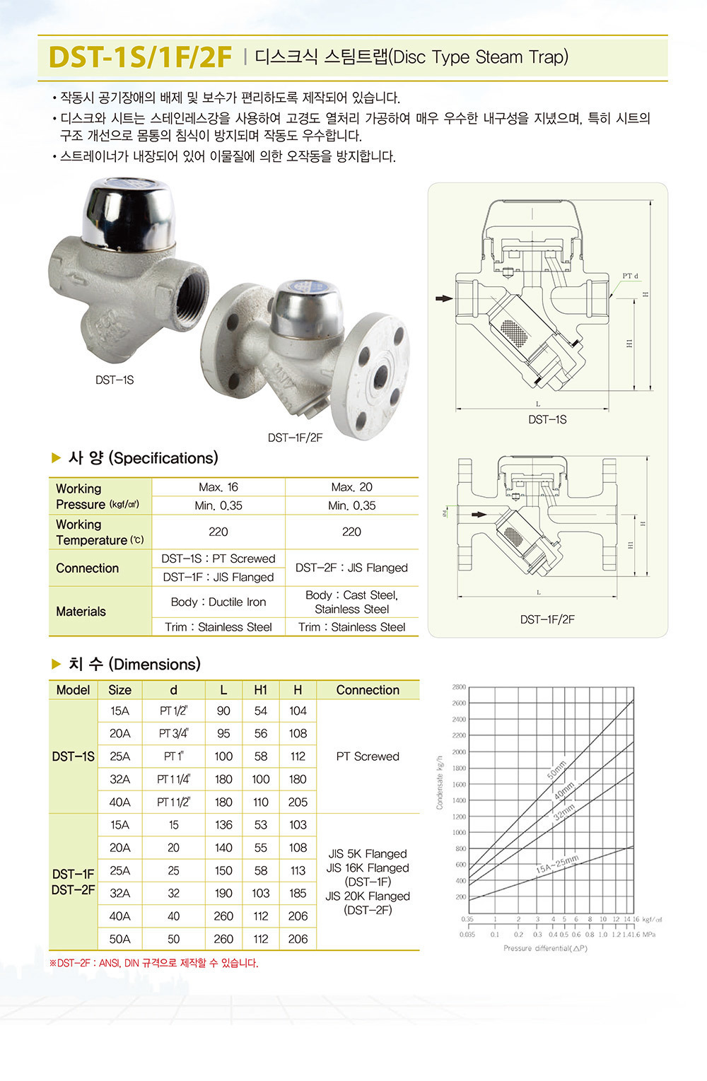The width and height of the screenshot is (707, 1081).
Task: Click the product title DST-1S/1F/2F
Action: click(140, 57)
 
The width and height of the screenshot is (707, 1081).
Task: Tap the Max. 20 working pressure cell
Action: click(351, 487)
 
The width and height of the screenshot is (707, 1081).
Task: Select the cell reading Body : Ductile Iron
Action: click(218, 602)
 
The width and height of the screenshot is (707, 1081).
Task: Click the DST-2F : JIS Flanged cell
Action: click(351, 568)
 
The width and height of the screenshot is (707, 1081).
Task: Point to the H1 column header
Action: click(261, 690)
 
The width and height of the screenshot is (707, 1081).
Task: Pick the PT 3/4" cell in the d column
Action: click(173, 734)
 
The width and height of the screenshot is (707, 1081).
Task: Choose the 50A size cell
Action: click(119, 939)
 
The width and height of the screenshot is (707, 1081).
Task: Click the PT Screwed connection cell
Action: click(368, 756)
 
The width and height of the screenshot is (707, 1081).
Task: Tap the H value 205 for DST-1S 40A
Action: click(298, 802)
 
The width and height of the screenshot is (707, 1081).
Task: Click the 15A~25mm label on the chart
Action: click(557, 864)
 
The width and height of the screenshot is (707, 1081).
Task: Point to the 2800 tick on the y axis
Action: click(459, 687)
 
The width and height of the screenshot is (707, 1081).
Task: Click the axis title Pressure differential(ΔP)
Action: click(545, 948)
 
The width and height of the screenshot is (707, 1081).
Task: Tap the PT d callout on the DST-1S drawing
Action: click(630, 276)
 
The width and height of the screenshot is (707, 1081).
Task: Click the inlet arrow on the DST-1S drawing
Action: click(443, 298)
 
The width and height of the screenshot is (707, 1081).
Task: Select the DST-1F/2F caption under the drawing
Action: click(547, 619)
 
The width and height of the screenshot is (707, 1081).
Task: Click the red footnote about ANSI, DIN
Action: click(154, 963)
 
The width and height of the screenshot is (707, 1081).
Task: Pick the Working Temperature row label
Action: click(99, 532)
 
